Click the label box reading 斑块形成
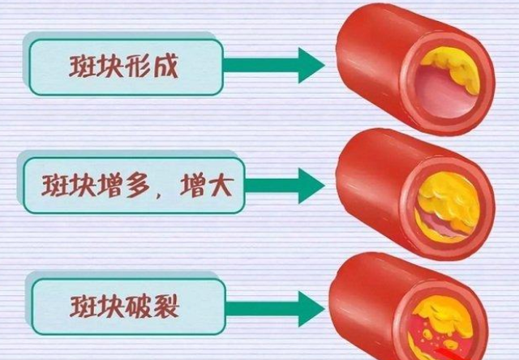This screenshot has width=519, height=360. click(126, 67)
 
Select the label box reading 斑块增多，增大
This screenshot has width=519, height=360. click(134, 186)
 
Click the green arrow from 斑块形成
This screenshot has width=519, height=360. click(274, 65)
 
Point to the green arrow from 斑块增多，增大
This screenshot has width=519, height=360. click(285, 186)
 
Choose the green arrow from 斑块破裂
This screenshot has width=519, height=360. click(276, 309)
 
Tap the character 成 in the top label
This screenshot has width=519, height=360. click(165, 66)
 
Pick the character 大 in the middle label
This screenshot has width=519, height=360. click(218, 186)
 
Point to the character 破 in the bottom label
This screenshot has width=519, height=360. click(139, 306)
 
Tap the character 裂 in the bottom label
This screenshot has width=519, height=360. click(166, 306)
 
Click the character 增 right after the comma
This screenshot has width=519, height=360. click(192, 186)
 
